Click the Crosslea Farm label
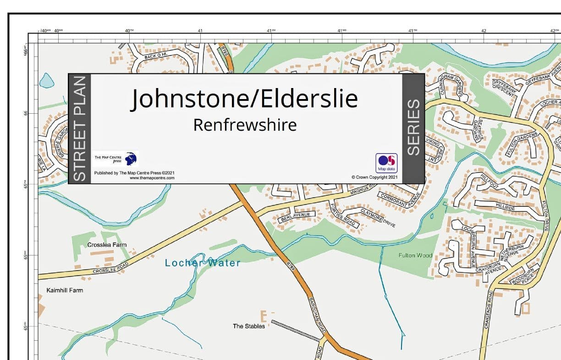[107, 245]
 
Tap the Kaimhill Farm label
[65, 290]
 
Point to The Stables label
[249, 326]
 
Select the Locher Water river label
[203, 263]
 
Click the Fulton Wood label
[415, 255]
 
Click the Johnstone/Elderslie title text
[245, 99]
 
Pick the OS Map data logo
[386, 163]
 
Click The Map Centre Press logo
[115, 159]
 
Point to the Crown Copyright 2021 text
[374, 177]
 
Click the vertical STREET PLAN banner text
[80, 129]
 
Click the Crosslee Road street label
[110, 268]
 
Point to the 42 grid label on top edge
[484, 31]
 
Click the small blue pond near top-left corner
[46, 81]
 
